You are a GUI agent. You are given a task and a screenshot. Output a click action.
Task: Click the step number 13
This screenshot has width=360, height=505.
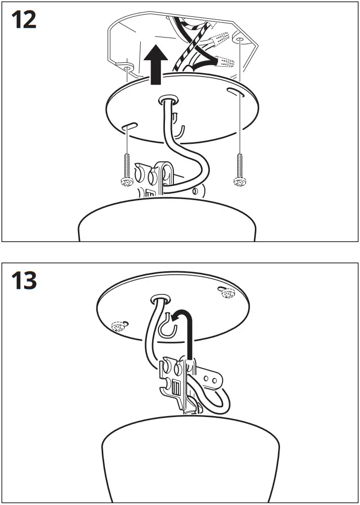[x=24, y=281]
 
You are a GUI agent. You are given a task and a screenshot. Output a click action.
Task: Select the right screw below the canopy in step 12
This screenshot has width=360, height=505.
[x=240, y=171]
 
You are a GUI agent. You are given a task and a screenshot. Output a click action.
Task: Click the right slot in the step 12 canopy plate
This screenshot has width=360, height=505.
[x=232, y=90]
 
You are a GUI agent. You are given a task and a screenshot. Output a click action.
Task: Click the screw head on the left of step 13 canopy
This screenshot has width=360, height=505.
[x=119, y=326]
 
